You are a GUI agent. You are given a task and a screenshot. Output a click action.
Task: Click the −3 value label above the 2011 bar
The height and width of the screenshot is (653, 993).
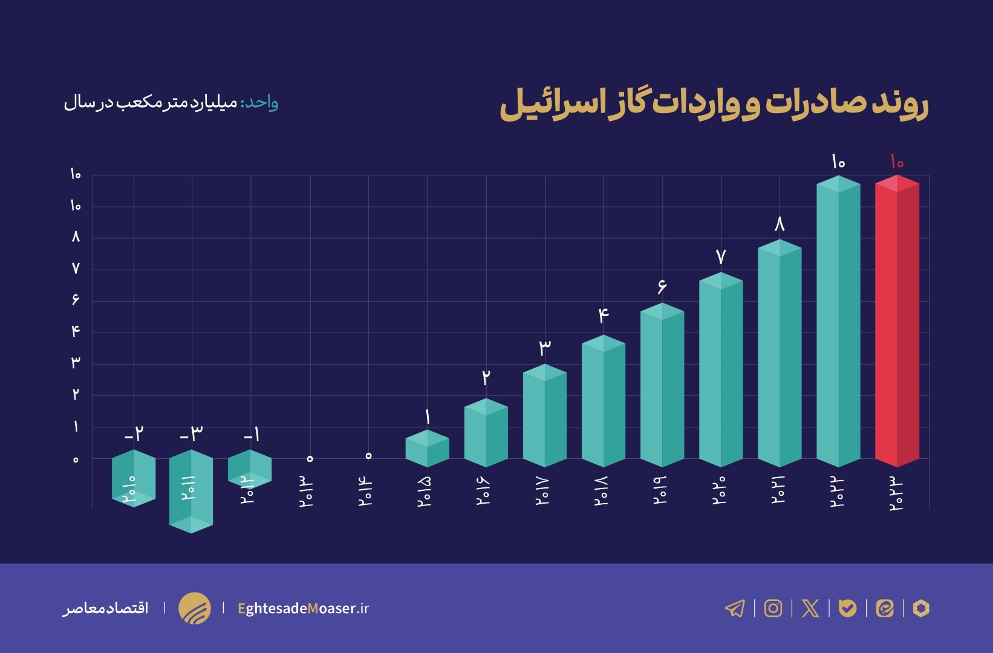coord(192,434)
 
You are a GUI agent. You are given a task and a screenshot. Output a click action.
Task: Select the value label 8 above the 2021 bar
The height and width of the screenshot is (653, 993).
coord(780,225)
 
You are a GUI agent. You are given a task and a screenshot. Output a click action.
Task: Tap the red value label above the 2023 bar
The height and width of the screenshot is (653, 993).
coord(897,162)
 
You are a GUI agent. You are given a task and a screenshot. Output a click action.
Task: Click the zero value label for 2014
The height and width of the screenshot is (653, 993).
coord(368,455)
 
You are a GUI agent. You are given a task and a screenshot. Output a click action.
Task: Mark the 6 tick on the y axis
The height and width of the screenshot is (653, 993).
coord(76,299)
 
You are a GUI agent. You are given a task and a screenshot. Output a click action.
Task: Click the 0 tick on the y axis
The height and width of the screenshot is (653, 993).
coord(76,460)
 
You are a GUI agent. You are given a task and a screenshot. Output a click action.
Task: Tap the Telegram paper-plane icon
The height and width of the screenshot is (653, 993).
coord(735,608)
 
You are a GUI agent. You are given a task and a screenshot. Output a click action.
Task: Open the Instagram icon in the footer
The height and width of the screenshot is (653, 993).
coord(773,608)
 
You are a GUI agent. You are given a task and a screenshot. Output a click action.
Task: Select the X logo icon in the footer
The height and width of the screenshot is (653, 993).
coord(810,608)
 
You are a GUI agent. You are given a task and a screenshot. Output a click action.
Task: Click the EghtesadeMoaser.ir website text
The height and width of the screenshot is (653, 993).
coord(303,608)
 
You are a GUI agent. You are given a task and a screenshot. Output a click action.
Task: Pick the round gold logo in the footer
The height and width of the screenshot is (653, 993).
coord(195,608)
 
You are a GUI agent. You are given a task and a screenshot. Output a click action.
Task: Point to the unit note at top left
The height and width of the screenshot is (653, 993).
coord(171,103)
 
